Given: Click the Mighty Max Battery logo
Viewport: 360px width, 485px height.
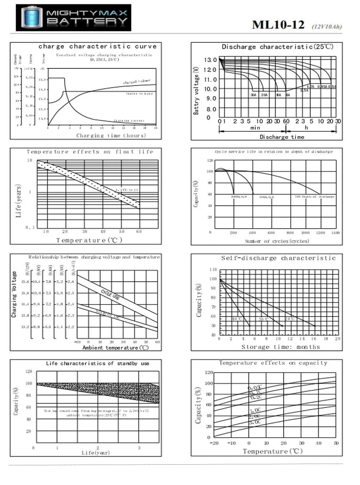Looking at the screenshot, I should click(74, 18).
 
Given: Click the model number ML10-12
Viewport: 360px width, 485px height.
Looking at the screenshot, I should click(278, 25).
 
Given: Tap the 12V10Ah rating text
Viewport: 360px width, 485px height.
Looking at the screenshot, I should click(326, 27).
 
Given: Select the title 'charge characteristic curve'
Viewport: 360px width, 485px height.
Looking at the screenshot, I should click(97, 47).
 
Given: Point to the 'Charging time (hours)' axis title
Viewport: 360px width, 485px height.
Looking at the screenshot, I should click(111, 135).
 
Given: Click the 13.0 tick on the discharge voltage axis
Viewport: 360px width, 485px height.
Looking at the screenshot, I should click(210, 60).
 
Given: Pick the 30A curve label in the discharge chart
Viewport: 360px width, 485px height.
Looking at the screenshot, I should click(254, 95).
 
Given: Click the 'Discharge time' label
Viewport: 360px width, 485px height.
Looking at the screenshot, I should click(282, 137).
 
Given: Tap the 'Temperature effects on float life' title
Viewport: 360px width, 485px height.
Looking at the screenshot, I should click(90, 152).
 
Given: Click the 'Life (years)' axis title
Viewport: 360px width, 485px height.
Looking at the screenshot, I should click(18, 201).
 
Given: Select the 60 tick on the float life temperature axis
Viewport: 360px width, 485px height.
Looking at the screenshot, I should click(139, 232).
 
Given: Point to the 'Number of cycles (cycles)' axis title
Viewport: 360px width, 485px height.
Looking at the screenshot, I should click(277, 241).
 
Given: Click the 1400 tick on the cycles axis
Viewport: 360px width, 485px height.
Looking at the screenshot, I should click(335, 233).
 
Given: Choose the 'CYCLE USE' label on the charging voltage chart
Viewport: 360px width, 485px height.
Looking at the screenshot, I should click(110, 295).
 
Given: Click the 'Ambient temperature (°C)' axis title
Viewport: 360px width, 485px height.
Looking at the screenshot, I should click(115, 348).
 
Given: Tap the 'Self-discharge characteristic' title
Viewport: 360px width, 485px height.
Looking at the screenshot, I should click(278, 258).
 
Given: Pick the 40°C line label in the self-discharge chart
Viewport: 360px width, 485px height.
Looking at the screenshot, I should click(237, 319).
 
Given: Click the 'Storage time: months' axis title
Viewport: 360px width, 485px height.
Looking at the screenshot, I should click(280, 347).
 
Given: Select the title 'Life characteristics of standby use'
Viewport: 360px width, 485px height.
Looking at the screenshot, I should click(97, 363).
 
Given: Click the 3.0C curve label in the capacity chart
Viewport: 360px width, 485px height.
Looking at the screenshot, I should click(255, 422).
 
